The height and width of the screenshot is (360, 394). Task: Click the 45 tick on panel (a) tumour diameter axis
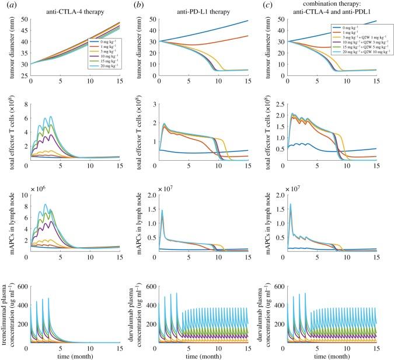tap(23, 30)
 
